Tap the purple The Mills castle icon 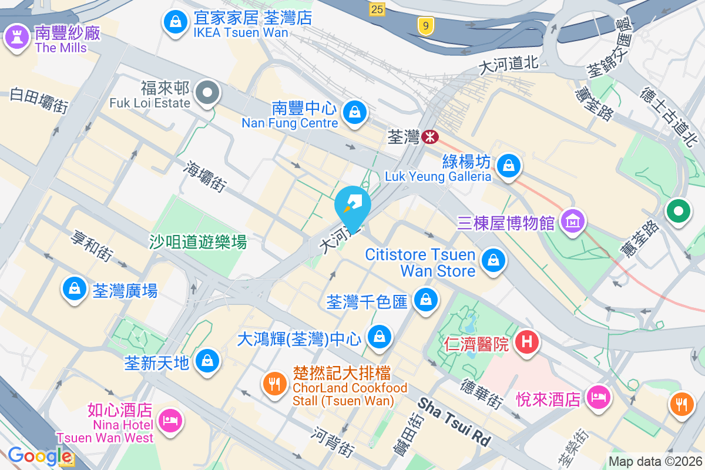point(16,37)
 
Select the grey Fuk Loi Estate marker point(207,93)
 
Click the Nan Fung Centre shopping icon point(354,111)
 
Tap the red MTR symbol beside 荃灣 point(430,137)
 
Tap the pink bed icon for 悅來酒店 point(599,398)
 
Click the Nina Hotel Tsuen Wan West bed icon point(170,421)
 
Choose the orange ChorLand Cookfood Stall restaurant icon point(274,384)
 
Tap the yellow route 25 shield point(377,9)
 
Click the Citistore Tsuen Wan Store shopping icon point(493,260)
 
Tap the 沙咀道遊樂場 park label point(197,241)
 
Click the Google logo point(39,456)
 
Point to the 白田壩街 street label point(39,99)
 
